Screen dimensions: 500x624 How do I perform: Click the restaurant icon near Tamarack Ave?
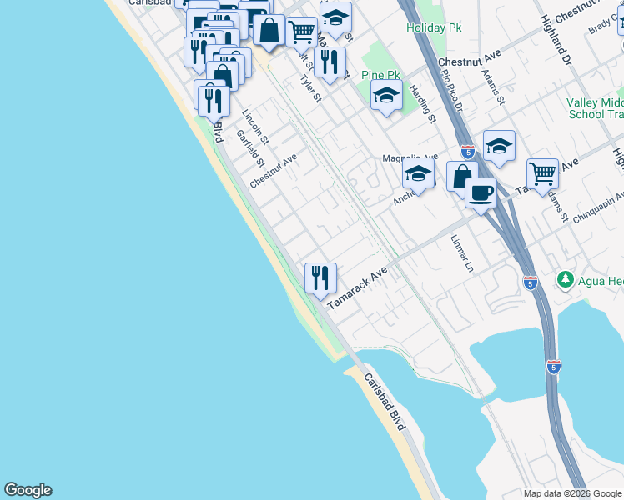320,277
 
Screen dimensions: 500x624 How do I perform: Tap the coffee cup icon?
481,193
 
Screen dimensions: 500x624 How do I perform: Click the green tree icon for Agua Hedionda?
566,278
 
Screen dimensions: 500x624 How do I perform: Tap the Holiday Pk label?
434,27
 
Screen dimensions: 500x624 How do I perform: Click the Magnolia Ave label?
410,157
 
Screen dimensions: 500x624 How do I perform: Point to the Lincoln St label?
254,124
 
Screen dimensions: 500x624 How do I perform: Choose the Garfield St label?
249,147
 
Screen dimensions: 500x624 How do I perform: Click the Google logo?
28,490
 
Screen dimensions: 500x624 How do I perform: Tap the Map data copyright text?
573,493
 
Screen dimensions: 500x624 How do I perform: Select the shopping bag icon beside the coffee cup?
460,176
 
